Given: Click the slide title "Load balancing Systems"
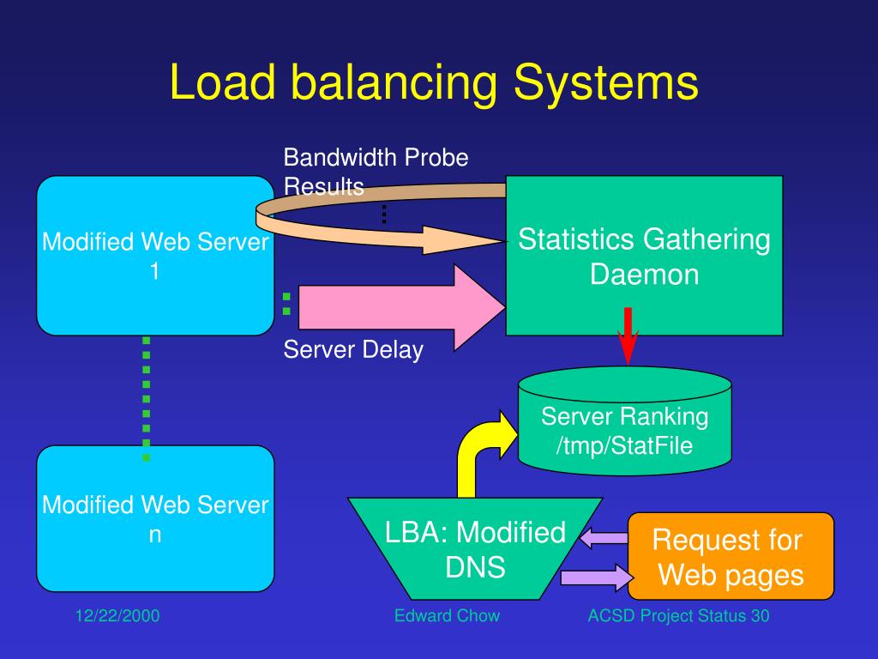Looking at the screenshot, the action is (434, 82).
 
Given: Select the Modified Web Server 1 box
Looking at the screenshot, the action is (155, 256).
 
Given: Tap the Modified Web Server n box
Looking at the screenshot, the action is (155, 519).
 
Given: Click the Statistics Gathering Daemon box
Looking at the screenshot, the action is (644, 256).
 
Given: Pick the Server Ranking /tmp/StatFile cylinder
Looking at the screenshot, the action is (625, 420).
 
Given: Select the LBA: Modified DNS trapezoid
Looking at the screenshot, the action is (475, 548).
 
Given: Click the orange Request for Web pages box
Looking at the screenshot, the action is (731, 556).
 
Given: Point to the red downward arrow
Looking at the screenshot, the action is (628, 336).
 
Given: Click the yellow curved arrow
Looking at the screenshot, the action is (476, 448).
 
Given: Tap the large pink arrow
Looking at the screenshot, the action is (402, 307).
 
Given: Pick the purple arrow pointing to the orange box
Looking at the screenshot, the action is (597, 577).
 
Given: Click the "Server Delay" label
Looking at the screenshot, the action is (353, 350).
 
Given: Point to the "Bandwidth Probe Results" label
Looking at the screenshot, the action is (376, 172).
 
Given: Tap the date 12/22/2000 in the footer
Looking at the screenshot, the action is (117, 616).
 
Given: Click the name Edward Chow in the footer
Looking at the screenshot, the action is (447, 616).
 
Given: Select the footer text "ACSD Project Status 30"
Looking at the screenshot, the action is (678, 616).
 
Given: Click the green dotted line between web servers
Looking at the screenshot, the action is (146, 398).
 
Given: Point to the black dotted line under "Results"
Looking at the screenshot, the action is (384, 215).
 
